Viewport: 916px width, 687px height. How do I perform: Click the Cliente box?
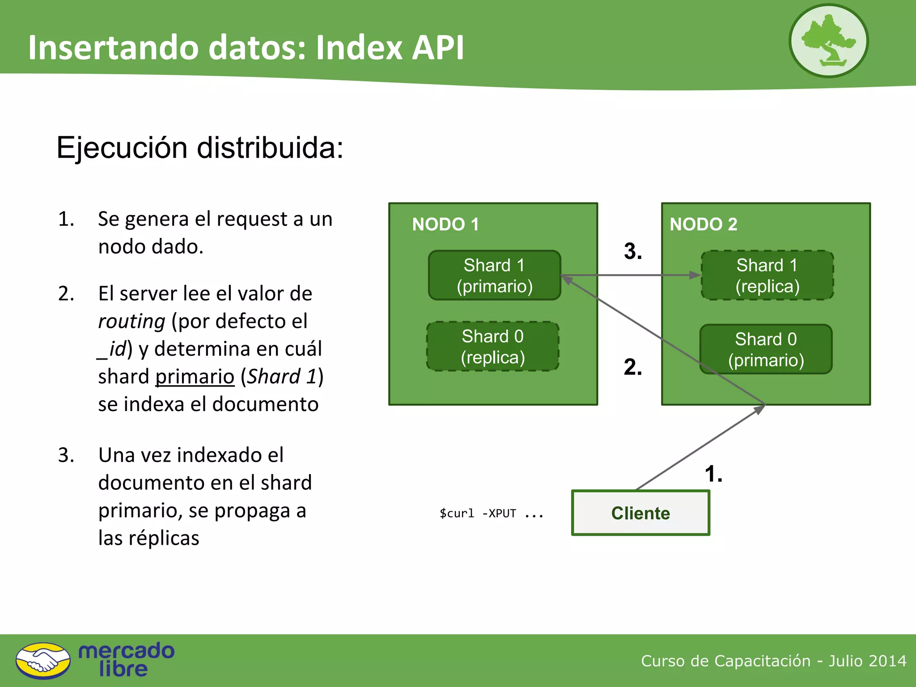(640, 513)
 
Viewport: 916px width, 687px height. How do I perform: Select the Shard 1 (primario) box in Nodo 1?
(494, 275)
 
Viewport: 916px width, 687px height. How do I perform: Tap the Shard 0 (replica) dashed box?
(492, 347)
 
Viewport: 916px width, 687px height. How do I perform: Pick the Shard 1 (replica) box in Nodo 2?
(767, 275)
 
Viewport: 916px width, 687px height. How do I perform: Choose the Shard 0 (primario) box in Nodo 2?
(766, 349)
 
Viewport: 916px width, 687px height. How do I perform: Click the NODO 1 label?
(445, 224)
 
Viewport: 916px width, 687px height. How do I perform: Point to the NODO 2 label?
(703, 224)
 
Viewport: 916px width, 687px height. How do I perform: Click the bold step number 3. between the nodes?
(633, 251)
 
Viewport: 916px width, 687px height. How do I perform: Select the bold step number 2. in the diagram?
(633, 367)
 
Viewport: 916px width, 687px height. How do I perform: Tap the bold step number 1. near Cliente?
(713, 474)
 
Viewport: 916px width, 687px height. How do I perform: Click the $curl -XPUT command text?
(491, 513)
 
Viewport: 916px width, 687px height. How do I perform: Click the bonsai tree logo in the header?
(828, 41)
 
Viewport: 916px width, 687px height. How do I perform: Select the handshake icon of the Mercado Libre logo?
(43, 661)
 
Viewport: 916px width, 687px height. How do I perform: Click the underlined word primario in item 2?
(195, 377)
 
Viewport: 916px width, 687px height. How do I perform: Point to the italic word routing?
(131, 321)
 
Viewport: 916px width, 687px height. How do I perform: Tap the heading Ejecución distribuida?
(199, 148)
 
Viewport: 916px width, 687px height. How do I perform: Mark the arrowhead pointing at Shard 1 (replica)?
(695, 275)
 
